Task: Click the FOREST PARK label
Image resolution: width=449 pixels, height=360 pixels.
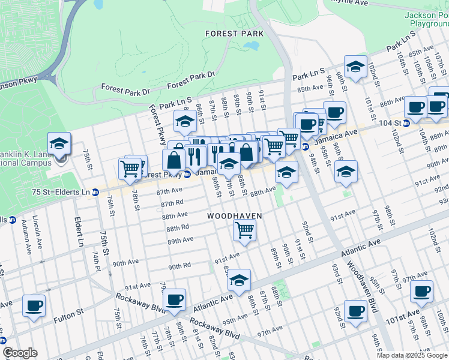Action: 234,34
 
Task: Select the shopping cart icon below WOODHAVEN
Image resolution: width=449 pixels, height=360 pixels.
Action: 244,229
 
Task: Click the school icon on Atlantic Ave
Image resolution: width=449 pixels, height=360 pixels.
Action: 239,280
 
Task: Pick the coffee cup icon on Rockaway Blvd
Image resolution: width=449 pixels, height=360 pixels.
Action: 175,300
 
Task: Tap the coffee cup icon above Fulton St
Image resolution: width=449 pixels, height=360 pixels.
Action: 34,305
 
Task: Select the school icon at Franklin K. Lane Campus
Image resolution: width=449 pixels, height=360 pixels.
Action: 59,144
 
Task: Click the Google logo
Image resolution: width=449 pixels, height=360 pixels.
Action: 20,353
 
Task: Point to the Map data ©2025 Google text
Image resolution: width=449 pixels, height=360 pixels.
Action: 412,355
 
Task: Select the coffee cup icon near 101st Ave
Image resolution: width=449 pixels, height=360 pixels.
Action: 422,292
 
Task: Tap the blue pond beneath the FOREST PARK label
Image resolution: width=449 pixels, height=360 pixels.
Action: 250,46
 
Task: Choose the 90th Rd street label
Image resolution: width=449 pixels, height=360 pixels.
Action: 179,266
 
